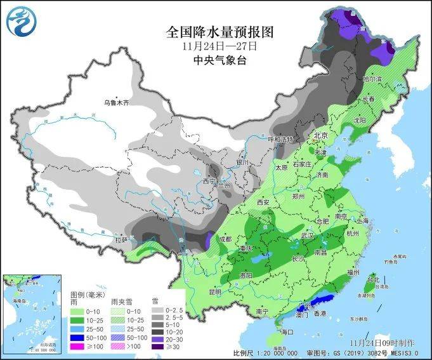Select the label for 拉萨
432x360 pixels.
(121, 240)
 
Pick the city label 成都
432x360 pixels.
(225, 239)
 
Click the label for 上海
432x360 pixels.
(363, 220)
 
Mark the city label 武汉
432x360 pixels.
(308, 235)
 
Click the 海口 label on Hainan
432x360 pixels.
(287, 331)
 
